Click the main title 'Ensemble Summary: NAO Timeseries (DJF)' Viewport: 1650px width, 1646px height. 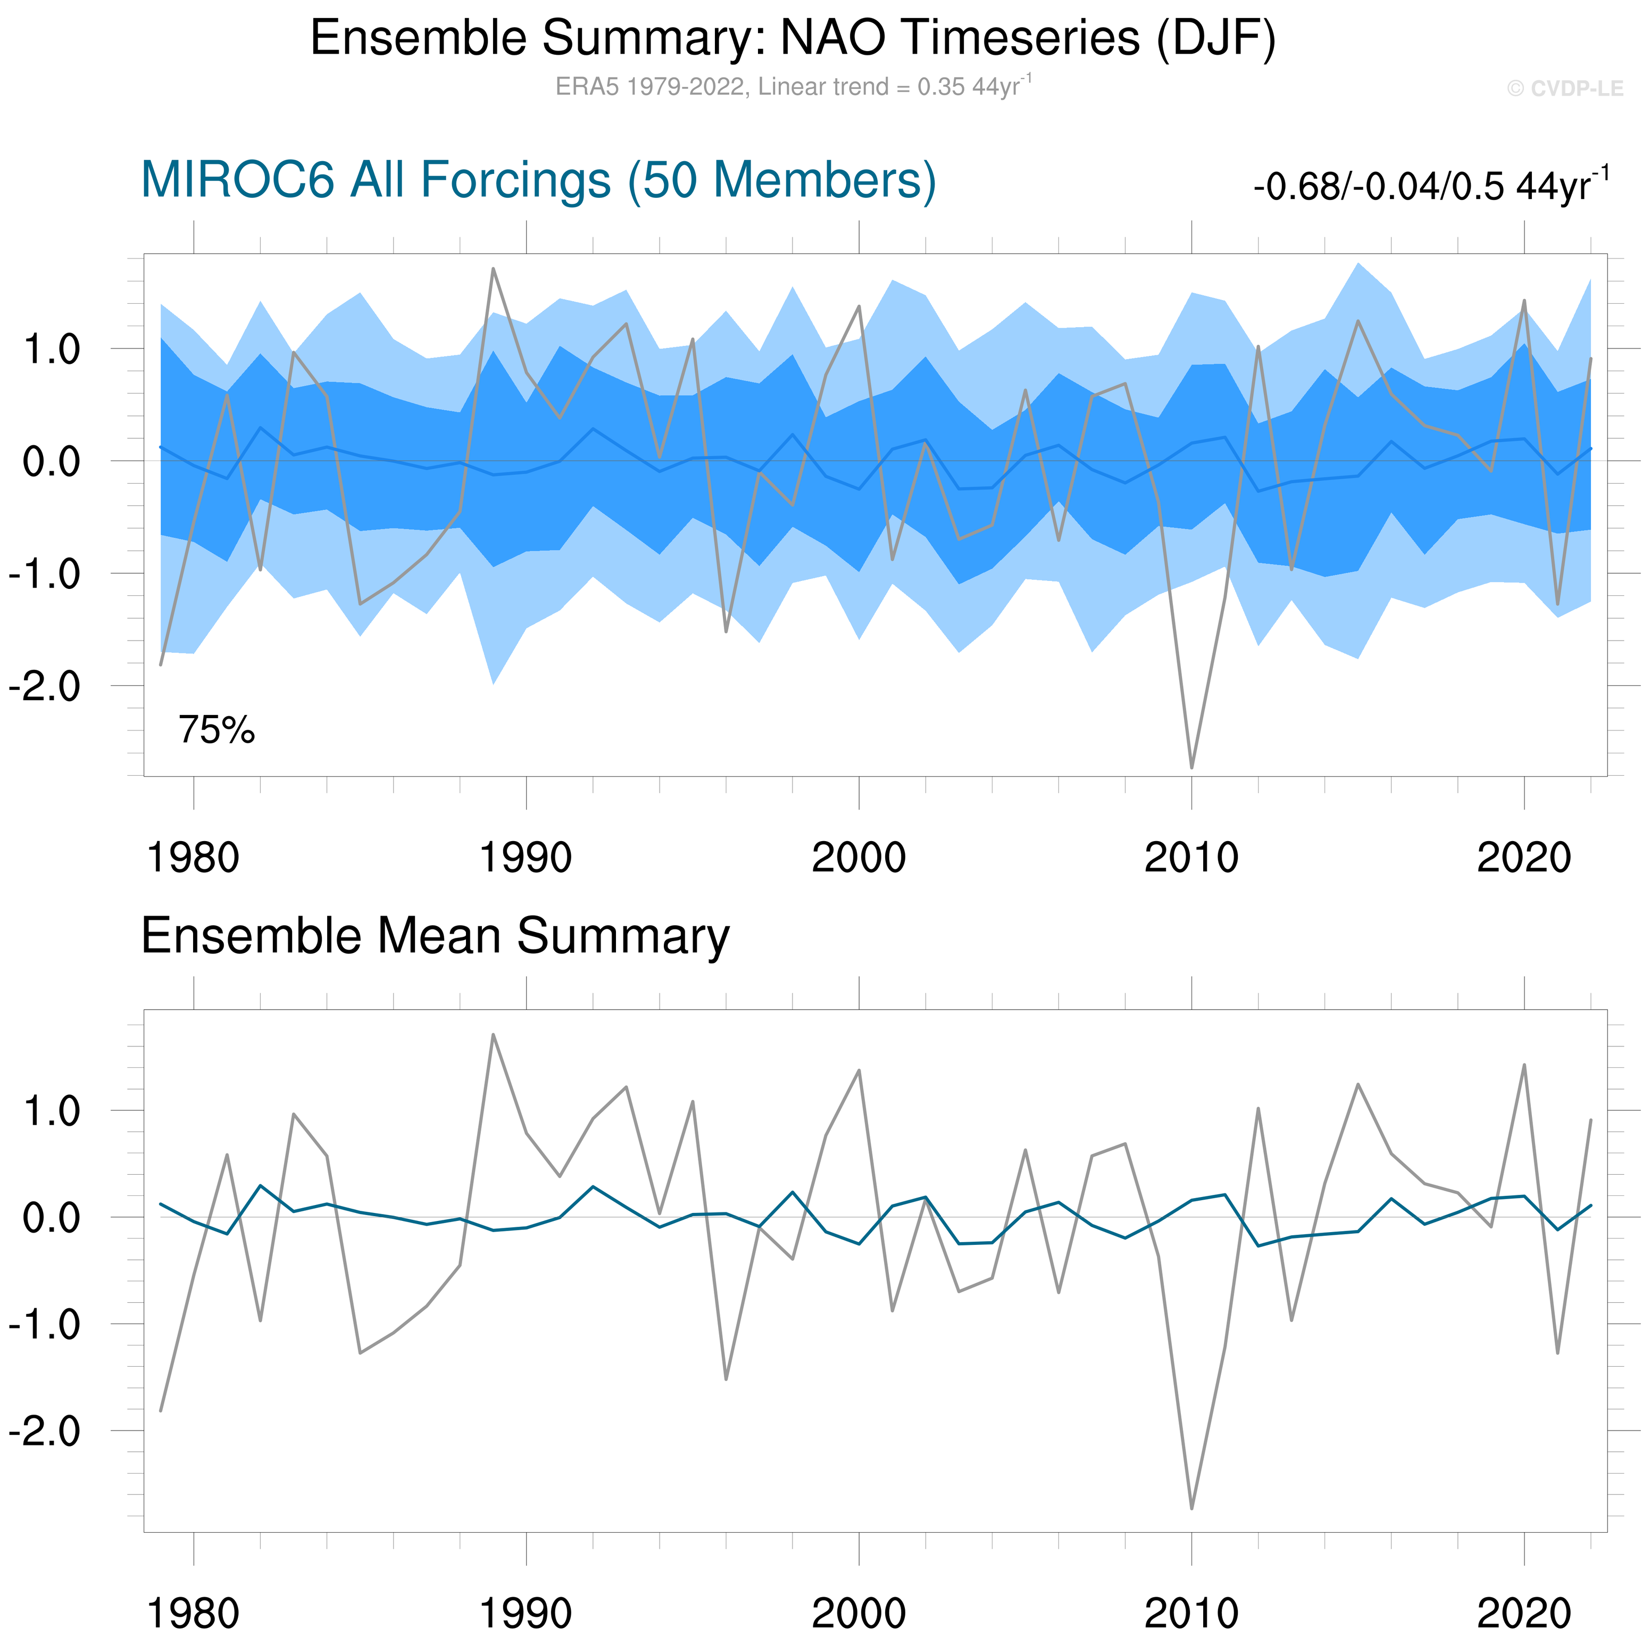click(793, 38)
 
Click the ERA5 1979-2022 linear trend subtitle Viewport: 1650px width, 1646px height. click(793, 86)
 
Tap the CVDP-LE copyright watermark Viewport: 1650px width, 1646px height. click(1564, 89)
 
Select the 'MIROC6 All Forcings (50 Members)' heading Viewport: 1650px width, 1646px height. click(538, 180)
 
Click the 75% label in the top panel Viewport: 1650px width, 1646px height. click(216, 730)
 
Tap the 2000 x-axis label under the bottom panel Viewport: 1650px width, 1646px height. click(859, 1612)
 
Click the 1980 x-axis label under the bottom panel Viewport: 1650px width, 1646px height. click(193, 1612)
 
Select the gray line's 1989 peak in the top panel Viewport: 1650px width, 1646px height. click(493, 269)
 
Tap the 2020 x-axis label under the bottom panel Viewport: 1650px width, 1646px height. click(1523, 1612)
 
